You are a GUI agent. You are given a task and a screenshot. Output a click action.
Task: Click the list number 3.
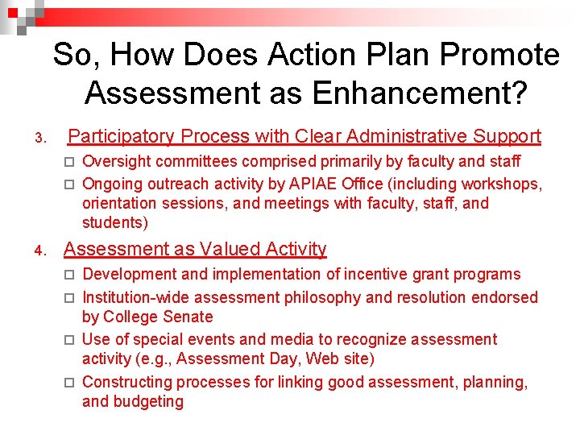point(40,139)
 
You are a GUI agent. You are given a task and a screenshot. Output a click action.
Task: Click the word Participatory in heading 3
point(121,136)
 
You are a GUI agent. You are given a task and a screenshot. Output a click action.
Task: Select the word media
point(292,339)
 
